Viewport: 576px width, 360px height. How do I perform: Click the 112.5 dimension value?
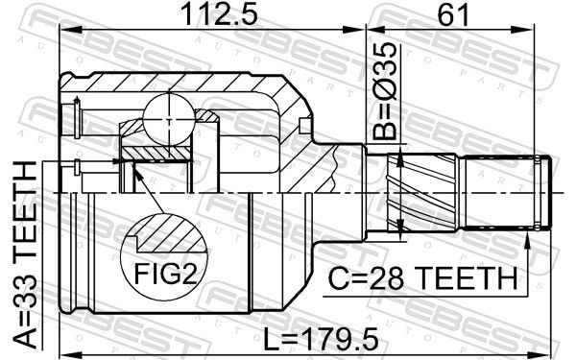(x=220, y=15)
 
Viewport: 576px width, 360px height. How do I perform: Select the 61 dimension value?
(x=452, y=15)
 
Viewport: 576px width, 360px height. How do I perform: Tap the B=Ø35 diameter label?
(x=385, y=91)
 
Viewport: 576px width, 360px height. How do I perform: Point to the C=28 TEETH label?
(x=422, y=278)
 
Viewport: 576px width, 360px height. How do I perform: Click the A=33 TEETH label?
(x=25, y=255)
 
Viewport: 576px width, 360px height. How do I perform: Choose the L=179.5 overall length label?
(x=321, y=339)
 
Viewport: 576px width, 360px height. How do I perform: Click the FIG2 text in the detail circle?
(x=166, y=274)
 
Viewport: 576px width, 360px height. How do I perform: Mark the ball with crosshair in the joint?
(x=169, y=120)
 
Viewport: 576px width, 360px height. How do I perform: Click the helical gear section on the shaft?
(x=422, y=193)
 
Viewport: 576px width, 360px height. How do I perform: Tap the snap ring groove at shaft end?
(x=538, y=193)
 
